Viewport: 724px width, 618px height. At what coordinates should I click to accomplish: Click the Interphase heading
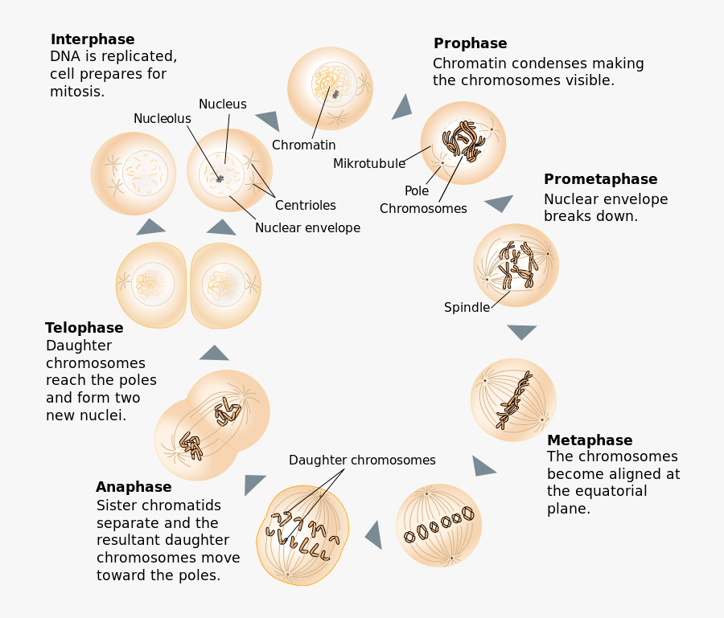click(93, 39)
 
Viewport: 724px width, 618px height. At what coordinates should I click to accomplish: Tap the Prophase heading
click(470, 43)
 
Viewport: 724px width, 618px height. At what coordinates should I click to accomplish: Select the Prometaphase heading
click(600, 179)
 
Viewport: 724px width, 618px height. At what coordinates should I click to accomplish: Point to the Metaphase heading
click(590, 440)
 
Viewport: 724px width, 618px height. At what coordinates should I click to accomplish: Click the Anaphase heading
click(134, 487)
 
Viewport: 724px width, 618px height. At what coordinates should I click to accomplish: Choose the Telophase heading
click(84, 328)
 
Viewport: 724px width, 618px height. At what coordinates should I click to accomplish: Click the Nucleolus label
click(162, 119)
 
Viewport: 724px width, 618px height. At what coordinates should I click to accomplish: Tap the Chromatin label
click(303, 145)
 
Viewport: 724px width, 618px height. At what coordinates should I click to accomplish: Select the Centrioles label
click(306, 206)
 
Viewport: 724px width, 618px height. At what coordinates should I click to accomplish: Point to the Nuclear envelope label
click(307, 228)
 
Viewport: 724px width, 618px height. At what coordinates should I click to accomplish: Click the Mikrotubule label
click(369, 164)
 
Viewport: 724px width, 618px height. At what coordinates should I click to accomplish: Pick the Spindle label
click(467, 308)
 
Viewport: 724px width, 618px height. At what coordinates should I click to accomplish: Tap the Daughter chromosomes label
click(362, 460)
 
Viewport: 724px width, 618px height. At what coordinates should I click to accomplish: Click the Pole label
click(417, 191)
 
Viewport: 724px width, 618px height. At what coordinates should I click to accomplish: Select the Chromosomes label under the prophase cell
click(423, 209)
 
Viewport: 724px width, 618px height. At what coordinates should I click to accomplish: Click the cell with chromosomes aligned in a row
click(439, 526)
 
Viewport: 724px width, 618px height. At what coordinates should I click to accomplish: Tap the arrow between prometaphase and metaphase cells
click(522, 330)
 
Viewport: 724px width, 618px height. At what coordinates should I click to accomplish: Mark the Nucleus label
click(223, 104)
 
